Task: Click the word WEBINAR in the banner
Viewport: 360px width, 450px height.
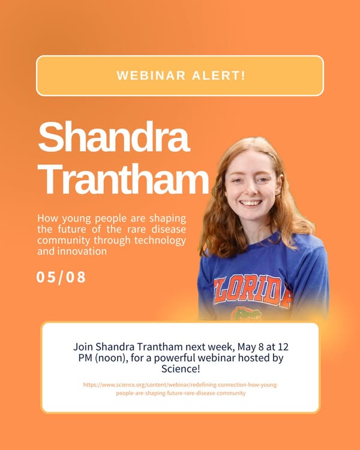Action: (150, 76)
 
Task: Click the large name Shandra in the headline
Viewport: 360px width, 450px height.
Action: (113, 137)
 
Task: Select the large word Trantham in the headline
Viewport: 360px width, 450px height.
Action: (123, 178)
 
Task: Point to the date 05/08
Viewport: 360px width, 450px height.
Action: (61, 277)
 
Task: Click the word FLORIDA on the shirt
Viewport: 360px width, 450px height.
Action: (253, 290)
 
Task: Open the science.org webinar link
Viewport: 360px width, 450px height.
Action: (180, 389)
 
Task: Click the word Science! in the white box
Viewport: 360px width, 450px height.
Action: (180, 368)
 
